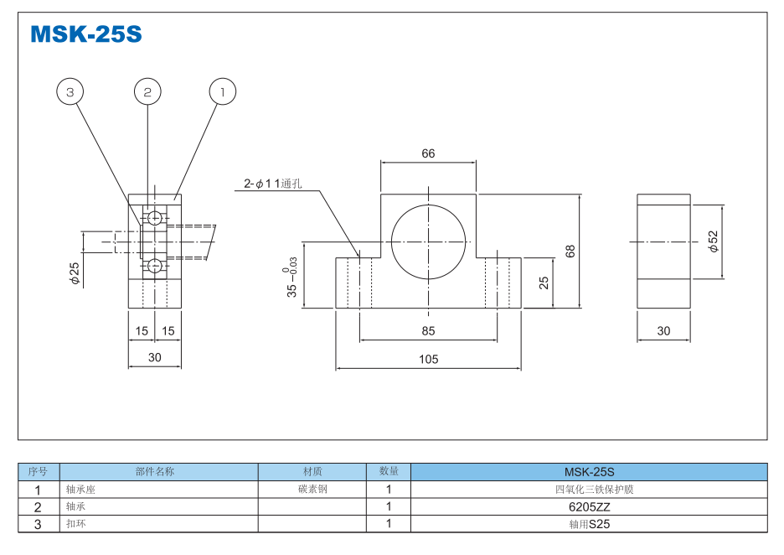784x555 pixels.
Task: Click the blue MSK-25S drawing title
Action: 85,34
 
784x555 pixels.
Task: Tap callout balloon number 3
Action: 70,91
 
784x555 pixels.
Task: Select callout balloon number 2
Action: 147,91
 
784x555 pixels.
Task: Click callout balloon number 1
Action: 223,91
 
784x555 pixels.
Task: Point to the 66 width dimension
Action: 428,153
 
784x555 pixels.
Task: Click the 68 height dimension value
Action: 570,251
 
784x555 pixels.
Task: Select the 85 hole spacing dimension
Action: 428,331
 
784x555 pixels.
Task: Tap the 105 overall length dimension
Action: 428,360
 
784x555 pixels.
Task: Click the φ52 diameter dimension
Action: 713,241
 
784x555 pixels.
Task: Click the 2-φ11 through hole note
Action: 271,184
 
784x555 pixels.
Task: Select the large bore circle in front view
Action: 428,240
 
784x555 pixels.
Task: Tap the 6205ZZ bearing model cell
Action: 589,506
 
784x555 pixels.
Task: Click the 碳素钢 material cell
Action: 312,489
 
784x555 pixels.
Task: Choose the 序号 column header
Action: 39,471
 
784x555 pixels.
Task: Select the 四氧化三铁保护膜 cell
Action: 589,489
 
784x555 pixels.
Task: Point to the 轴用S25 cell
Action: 589,524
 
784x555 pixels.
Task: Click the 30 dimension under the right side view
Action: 663,331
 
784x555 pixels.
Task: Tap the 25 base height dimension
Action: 544,283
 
